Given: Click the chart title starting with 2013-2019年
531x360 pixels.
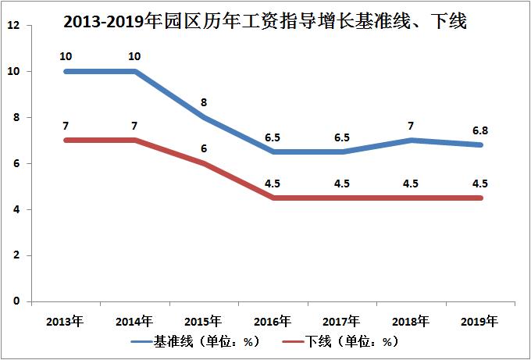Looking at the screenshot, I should coord(265,21).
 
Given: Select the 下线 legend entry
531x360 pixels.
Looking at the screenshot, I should coord(340,342).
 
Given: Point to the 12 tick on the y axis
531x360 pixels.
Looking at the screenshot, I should coord(12,26).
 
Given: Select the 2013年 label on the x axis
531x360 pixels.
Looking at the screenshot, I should coord(65,321).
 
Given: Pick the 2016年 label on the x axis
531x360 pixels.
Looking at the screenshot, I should coord(273,321).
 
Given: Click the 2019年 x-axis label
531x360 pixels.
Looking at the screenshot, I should coord(480,321).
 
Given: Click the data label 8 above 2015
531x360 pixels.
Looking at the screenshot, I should coord(203,102).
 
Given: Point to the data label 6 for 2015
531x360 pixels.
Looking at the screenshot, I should coord(203,148).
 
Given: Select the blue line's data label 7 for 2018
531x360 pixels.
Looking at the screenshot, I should coord(412,126).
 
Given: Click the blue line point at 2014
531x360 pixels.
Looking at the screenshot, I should coord(134,71).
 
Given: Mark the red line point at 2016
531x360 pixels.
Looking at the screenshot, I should coord(273,198).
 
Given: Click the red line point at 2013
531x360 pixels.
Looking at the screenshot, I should coord(66,141).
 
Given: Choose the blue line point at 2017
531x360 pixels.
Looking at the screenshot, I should coord(342,151).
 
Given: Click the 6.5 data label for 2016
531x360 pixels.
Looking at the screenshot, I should coord(273,137).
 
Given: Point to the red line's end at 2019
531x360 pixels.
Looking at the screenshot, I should coord(480,198).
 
